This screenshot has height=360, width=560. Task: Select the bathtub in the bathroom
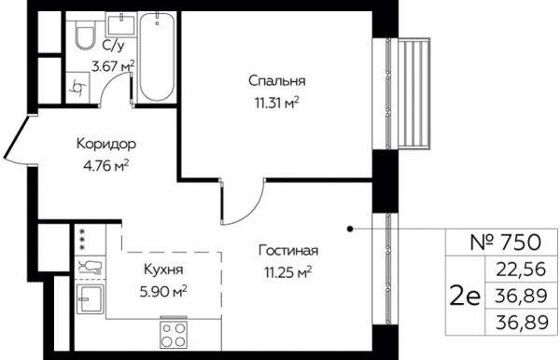tap(158, 57)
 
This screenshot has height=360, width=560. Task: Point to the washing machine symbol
tap(77, 88)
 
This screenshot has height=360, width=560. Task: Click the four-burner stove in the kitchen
tap(174, 334)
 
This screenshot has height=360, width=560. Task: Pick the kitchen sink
tap(90, 299)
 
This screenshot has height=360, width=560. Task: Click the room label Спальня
tap(277, 81)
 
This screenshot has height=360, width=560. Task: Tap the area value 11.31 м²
tap(276, 104)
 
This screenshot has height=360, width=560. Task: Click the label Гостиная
tap(288, 251)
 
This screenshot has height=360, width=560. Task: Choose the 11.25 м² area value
tap(287, 273)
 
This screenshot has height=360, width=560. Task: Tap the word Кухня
tap(163, 270)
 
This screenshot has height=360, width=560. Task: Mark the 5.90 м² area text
tap(163, 293)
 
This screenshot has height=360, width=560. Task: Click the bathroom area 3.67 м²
tap(113, 66)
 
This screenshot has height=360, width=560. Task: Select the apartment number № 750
tap(505, 242)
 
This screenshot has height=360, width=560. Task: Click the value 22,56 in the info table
tap(522, 269)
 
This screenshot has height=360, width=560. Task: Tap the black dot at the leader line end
tap(350, 228)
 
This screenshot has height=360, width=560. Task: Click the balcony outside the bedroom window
tap(414, 93)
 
